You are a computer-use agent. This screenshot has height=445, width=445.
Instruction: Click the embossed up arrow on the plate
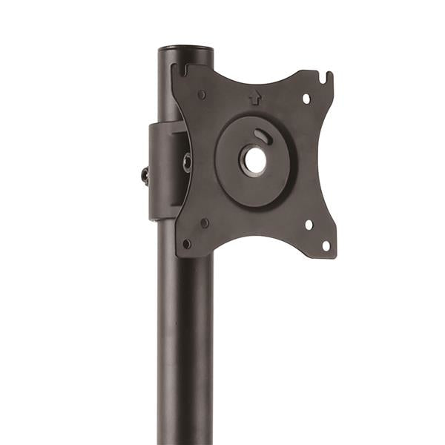click(x=253, y=96)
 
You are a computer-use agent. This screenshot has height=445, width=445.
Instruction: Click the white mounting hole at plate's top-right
click(x=306, y=98)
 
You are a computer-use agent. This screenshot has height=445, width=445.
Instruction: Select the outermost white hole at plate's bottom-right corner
click(x=325, y=245)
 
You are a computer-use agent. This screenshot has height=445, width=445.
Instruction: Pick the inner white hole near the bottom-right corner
click(x=309, y=225)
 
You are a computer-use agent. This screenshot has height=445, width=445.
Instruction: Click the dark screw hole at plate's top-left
click(x=202, y=94)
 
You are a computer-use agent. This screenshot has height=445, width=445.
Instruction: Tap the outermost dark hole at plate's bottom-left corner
click(x=187, y=243)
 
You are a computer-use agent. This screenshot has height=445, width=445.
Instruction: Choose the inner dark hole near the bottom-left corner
click(x=204, y=222)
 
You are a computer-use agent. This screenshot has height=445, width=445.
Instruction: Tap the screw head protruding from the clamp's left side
click(x=145, y=176)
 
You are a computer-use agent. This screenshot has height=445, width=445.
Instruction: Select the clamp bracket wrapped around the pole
click(x=162, y=171)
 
